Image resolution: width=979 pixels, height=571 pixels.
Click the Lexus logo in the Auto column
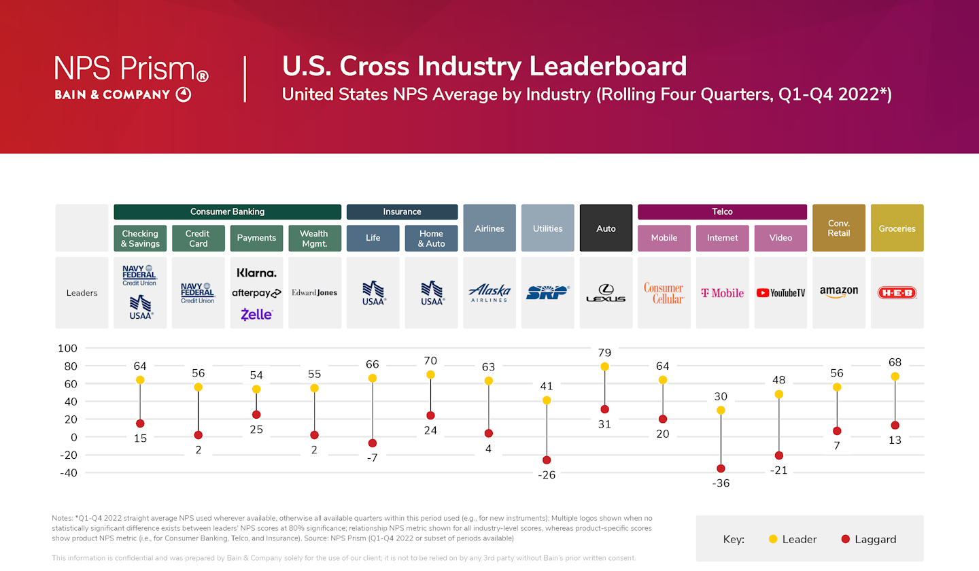click(606, 293)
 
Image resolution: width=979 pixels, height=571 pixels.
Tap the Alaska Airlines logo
click(489, 293)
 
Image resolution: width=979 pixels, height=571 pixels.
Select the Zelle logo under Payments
click(256, 314)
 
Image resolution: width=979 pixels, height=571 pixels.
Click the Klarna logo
click(256, 273)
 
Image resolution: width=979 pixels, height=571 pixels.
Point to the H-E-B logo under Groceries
click(897, 293)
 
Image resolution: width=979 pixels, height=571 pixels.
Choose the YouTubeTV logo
click(780, 293)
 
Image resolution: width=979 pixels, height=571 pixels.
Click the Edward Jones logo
click(314, 293)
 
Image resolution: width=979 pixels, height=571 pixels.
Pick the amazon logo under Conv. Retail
click(838, 292)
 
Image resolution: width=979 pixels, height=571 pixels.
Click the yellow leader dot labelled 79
click(605, 367)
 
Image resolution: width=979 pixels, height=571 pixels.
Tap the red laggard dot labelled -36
click(721, 468)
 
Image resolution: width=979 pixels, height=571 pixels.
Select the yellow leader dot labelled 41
click(547, 400)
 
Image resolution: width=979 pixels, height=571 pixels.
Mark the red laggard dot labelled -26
click(547, 460)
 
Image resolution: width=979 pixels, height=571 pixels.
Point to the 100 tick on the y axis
click(68, 349)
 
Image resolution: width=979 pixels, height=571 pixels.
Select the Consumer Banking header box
click(227, 212)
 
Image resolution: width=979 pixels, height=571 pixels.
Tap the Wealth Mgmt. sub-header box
click(314, 238)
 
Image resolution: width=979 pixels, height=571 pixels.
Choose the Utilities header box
click(547, 228)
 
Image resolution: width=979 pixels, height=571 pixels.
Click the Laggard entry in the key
click(868, 539)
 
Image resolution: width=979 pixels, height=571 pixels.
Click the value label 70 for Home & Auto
click(430, 361)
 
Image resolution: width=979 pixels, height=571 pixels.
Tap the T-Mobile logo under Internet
click(722, 293)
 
